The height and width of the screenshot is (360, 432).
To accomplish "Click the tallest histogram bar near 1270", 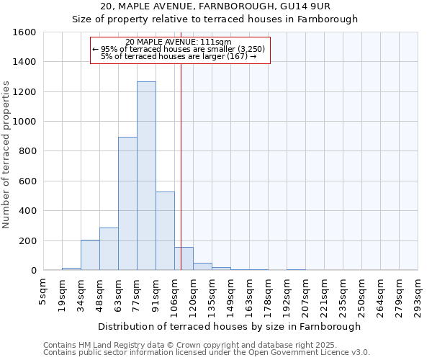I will pos(146,176).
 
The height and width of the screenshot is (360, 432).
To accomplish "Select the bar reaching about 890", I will pos(127,204).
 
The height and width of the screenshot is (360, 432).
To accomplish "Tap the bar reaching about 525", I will pos(165,230).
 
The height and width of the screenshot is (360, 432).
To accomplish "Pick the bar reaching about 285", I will pos(109,248).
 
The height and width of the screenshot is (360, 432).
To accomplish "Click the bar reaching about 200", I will pos(90,255).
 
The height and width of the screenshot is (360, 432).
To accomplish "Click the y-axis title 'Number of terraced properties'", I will pos(6,155).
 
